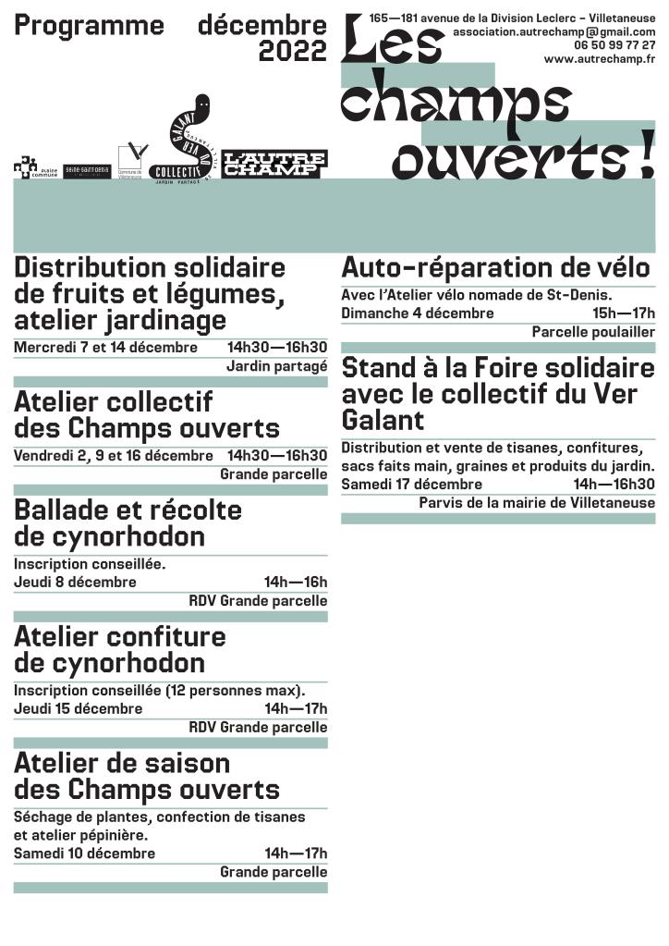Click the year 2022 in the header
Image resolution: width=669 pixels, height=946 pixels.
292,51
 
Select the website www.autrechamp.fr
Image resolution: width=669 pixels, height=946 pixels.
600,58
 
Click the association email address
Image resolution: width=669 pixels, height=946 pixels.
553,31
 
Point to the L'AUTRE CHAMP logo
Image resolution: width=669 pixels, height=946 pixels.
274,164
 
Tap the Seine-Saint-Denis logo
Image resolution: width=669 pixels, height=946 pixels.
86,170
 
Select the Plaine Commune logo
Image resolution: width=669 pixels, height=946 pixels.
35,167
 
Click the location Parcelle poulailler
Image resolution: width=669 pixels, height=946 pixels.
593,332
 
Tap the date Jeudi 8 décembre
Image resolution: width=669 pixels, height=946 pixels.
75,582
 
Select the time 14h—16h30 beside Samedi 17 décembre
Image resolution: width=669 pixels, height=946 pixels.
614,484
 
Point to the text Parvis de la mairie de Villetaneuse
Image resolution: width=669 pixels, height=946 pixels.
536,503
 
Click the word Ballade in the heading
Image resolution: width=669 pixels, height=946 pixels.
62,510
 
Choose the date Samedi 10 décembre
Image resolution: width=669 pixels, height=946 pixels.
84,853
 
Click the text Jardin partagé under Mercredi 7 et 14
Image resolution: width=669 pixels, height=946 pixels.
276,366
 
